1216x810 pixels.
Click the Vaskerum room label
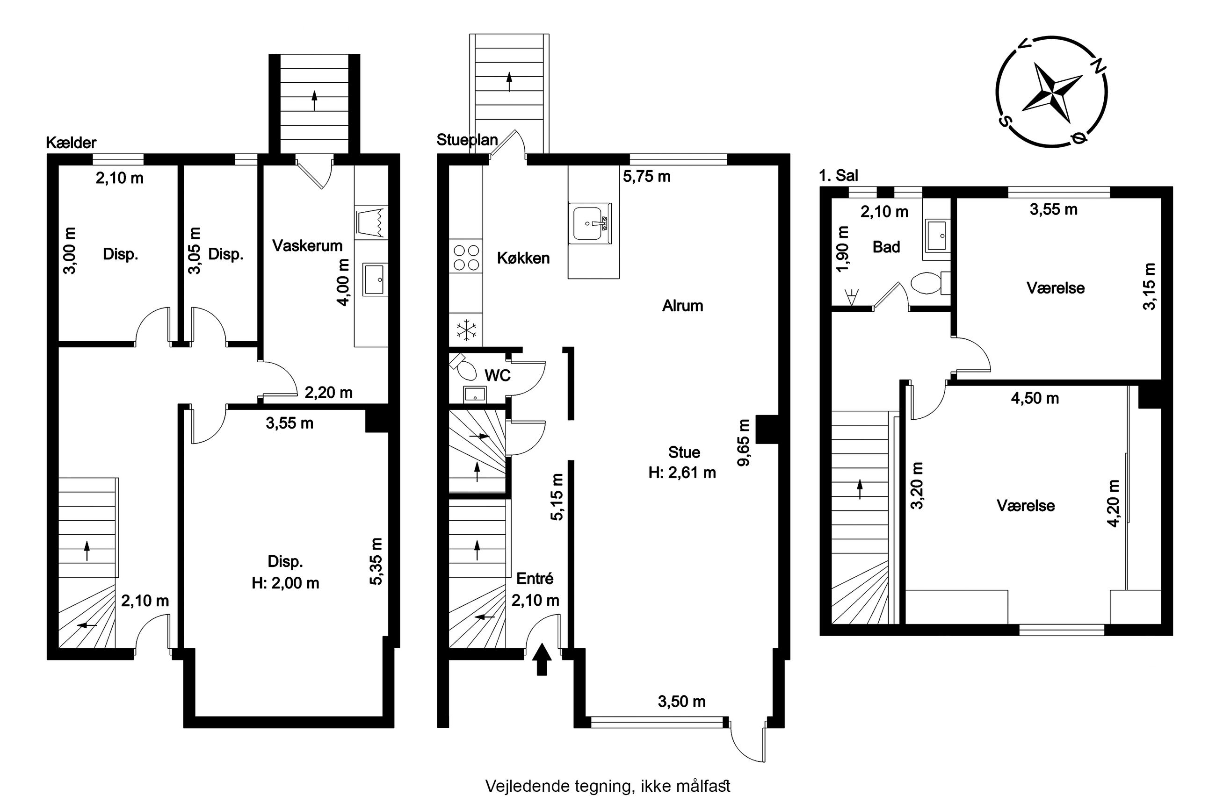click(x=307, y=245)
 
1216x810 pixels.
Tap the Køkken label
click(x=523, y=258)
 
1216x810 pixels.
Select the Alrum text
click(x=683, y=306)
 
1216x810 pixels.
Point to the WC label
click(x=498, y=376)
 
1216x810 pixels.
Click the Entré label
click(x=535, y=579)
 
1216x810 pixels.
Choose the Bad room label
click(x=886, y=247)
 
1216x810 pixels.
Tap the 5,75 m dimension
click(x=646, y=177)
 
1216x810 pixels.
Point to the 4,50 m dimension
click(x=1035, y=398)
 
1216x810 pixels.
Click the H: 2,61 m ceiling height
click(x=682, y=472)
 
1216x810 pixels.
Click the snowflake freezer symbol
click(x=466, y=330)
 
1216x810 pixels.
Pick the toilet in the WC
click(x=464, y=367)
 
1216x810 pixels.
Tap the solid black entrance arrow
click(x=542, y=659)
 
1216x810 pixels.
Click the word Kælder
click(x=71, y=143)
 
